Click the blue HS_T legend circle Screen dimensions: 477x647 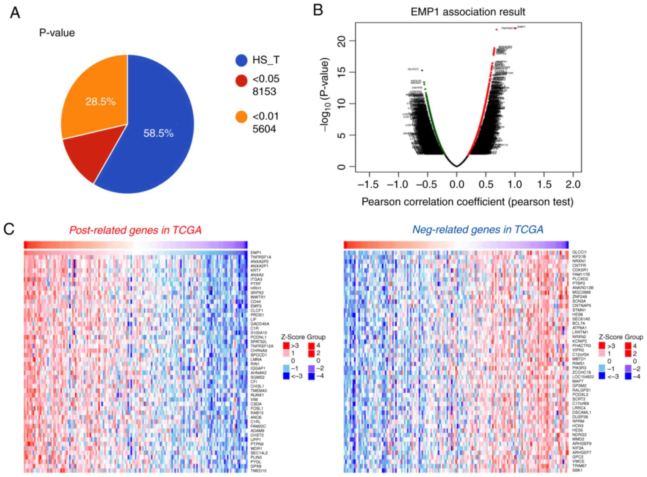pos(241,60)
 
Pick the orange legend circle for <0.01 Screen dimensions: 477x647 pos(241,117)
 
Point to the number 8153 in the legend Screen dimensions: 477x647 pos(264,92)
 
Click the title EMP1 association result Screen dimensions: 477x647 pos(468,12)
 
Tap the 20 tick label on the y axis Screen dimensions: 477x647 pos(342,41)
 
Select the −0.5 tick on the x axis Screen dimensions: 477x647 pos(427,184)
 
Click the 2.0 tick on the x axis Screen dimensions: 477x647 pos(573,184)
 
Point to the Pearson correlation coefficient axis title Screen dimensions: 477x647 pos(467,202)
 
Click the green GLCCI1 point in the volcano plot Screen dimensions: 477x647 pos(422,70)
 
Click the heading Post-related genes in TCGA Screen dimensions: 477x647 pos(135,230)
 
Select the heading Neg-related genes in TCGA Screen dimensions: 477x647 pos(478,229)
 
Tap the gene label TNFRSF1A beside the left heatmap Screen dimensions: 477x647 pos(261,257)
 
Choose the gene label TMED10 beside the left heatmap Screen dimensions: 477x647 pos(258,471)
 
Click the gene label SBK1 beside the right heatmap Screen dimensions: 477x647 pos(577,470)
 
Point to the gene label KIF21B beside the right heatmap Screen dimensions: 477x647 pos(579,257)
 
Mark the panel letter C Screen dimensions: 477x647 pos(9,229)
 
